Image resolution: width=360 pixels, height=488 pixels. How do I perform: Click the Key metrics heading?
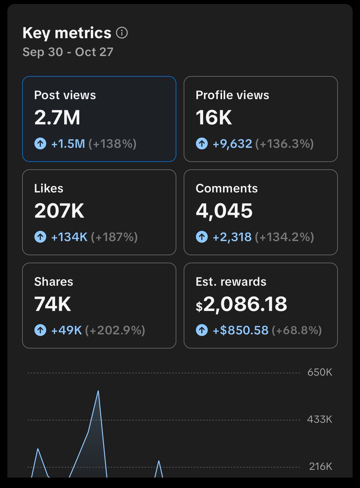[67, 33]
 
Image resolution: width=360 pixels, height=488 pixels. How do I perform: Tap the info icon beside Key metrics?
[122, 33]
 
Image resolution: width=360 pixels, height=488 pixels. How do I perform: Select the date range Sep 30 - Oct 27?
[68, 52]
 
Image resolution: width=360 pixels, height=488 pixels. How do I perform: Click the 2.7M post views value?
[57, 118]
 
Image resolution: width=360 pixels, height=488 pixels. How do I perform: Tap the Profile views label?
[232, 95]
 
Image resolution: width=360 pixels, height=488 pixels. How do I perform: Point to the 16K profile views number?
[214, 118]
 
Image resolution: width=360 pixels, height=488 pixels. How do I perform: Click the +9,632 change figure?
[232, 144]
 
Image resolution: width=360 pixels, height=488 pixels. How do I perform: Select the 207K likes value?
[59, 211]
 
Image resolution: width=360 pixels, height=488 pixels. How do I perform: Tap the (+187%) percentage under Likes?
[114, 237]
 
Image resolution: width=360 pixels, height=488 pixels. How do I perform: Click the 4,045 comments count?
[224, 211]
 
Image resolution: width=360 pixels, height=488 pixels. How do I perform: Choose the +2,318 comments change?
[232, 237]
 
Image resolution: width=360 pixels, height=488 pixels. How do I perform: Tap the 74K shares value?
[53, 304]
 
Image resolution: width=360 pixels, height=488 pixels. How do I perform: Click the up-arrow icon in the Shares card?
[40, 330]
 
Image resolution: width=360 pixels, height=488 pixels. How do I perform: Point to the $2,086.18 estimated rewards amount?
[241, 304]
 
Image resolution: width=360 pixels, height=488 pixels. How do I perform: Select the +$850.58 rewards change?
[241, 330]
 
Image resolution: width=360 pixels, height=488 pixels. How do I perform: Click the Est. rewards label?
[231, 282]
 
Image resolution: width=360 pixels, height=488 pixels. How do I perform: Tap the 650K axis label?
[319, 372]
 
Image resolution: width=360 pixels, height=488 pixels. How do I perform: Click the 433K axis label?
[319, 419]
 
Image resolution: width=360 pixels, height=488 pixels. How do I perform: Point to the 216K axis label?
[320, 466]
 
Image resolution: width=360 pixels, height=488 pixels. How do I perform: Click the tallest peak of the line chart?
[98, 391]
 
